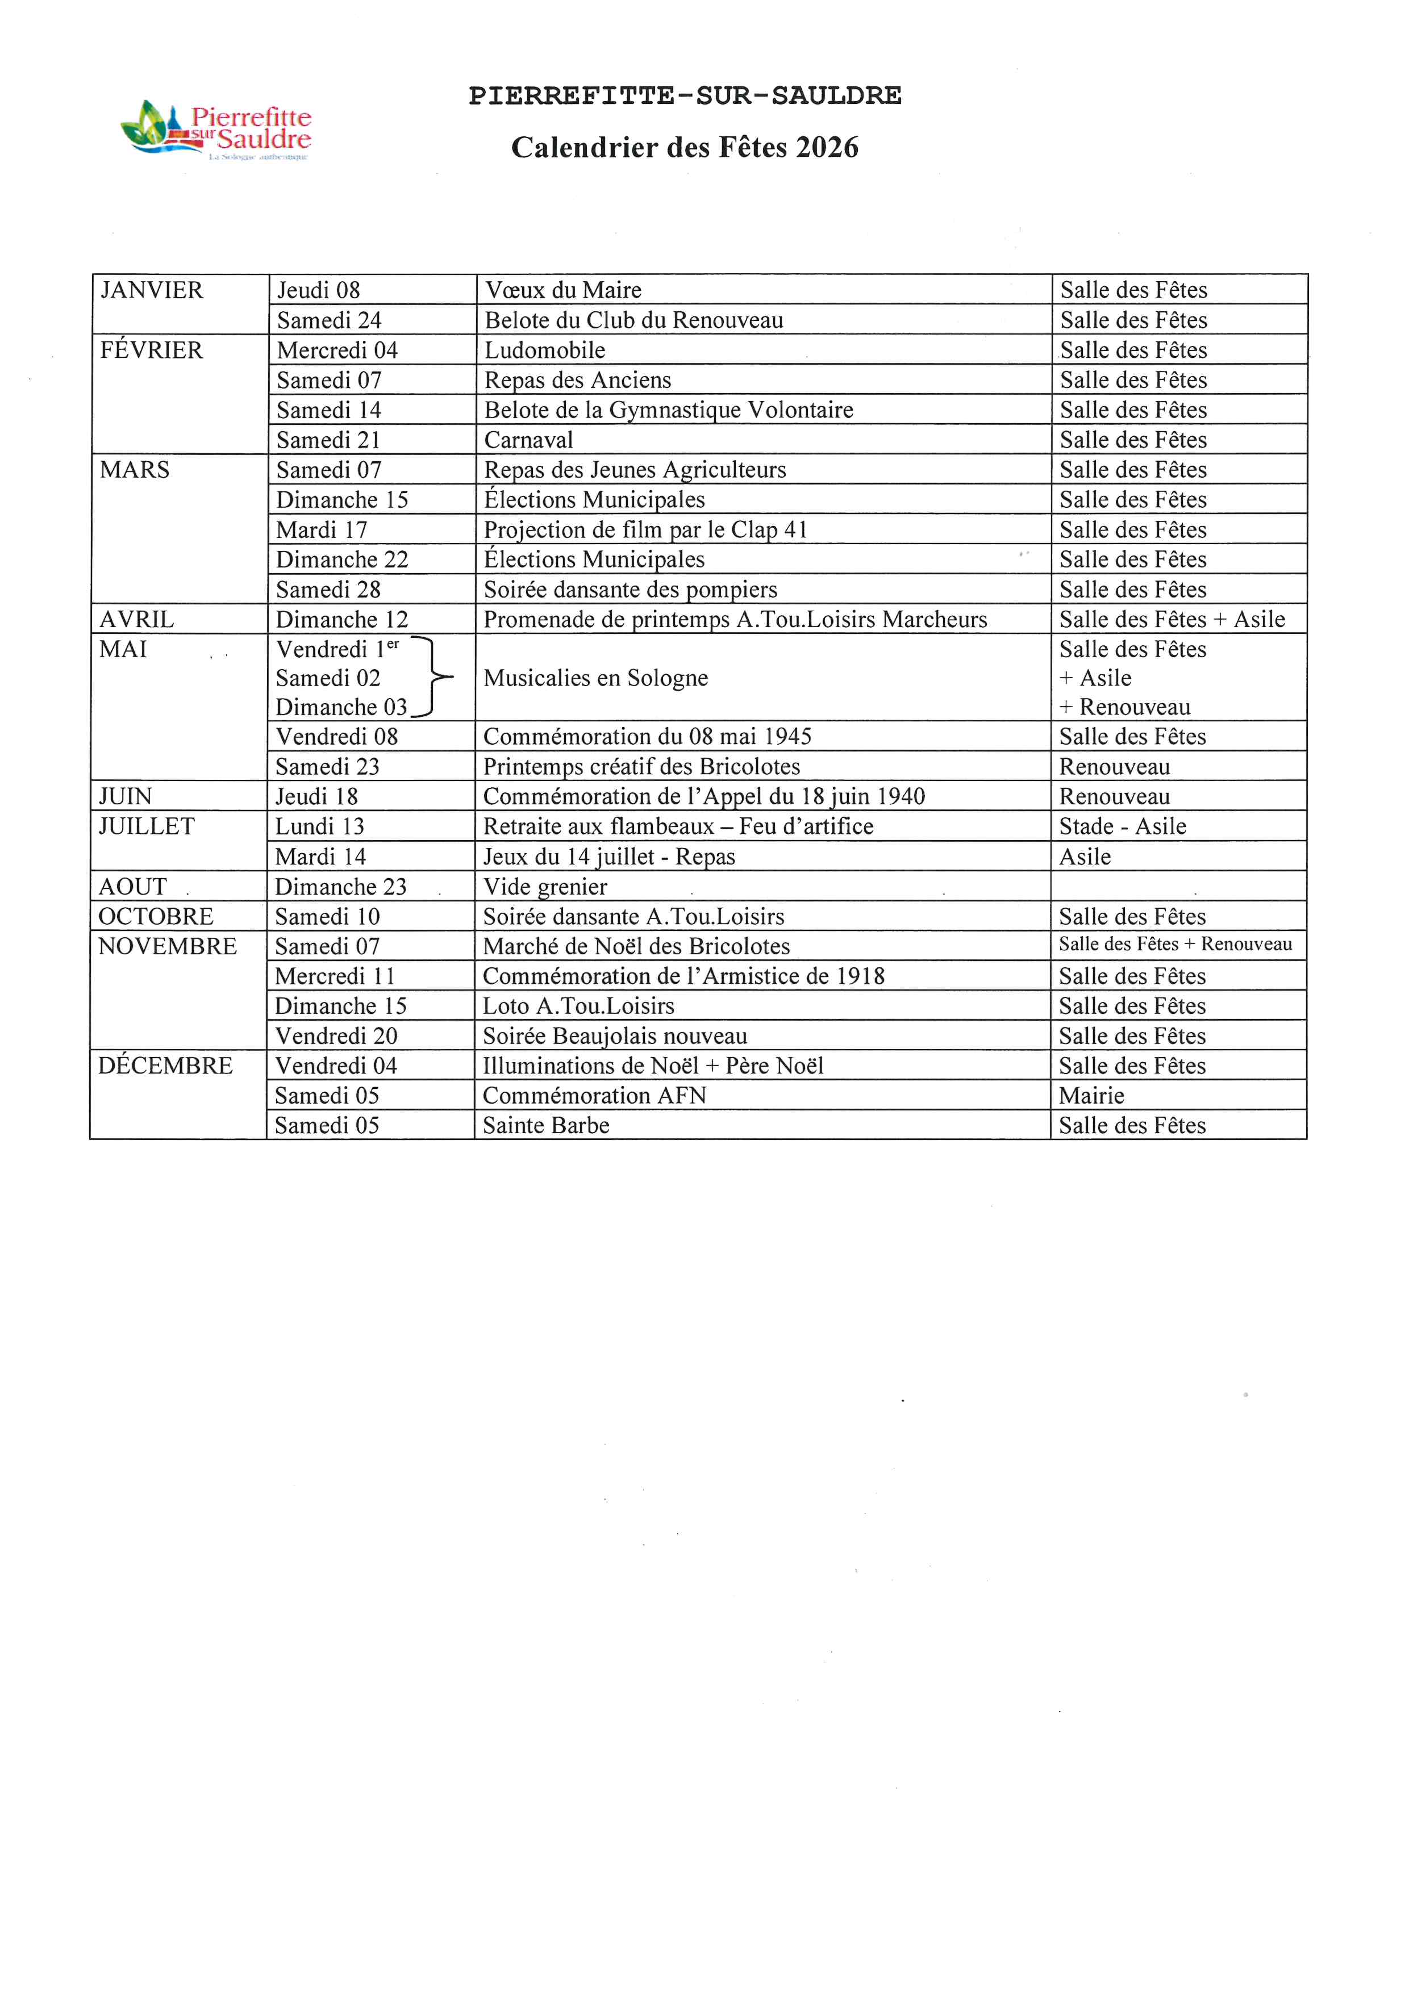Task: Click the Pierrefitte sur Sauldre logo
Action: pos(216,130)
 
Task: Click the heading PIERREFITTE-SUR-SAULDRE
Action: pos(685,95)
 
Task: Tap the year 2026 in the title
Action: pos(827,148)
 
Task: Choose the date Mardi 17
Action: pos(322,529)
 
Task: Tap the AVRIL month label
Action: pos(136,620)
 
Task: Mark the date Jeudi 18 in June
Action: pos(316,796)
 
